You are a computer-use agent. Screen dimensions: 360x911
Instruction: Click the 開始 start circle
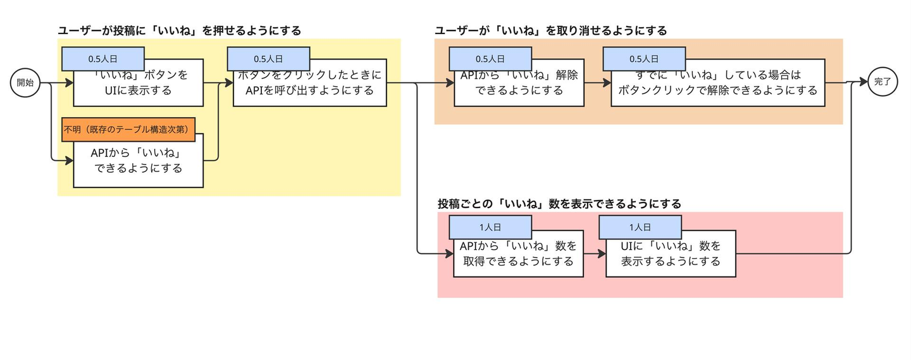pyautogui.click(x=25, y=83)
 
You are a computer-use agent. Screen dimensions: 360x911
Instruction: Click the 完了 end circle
pyautogui.click(x=883, y=82)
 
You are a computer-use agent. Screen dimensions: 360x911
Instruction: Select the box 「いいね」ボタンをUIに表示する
pyautogui.click(x=138, y=86)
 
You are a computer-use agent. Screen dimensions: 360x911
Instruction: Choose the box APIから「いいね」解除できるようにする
pyautogui.click(x=519, y=86)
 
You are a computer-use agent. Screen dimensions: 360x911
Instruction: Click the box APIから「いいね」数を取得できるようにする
pyautogui.click(x=518, y=256)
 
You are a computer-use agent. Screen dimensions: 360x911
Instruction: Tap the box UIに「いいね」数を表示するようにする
pyautogui.click(x=671, y=256)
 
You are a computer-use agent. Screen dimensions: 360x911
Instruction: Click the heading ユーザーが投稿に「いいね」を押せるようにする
pyautogui.click(x=179, y=30)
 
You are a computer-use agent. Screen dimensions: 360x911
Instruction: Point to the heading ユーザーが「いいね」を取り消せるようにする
pyautogui.click(x=550, y=30)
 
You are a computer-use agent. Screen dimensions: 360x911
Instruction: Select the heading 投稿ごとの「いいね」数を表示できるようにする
pyautogui.click(x=559, y=204)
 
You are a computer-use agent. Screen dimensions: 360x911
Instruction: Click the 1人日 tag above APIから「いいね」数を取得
pyautogui.click(x=490, y=227)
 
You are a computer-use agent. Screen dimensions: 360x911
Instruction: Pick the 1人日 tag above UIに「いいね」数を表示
pyautogui.click(x=640, y=227)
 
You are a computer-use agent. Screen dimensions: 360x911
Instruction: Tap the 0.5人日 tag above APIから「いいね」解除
pyautogui.click(x=490, y=59)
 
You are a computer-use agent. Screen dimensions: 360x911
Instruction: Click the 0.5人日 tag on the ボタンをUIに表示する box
pyautogui.click(x=103, y=59)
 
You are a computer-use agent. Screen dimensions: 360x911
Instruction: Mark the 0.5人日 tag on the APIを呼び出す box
pyautogui.click(x=268, y=59)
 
